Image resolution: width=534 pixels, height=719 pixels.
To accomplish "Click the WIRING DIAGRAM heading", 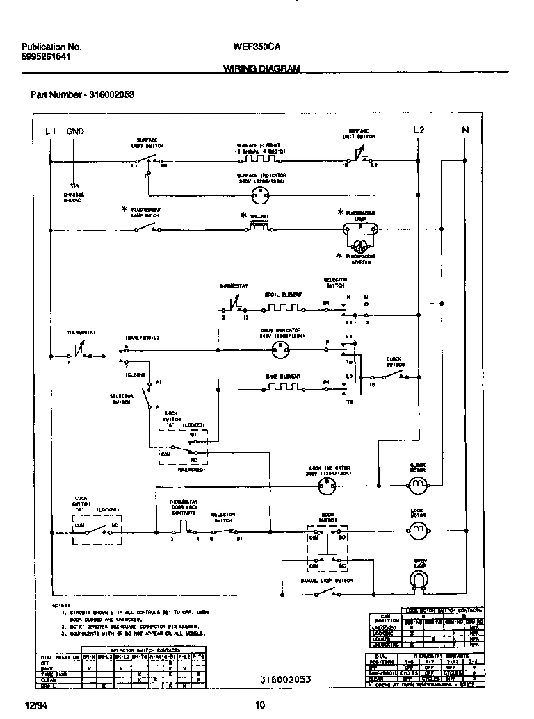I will click(x=261, y=68).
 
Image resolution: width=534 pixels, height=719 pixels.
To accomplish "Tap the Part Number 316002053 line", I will click(x=82, y=95).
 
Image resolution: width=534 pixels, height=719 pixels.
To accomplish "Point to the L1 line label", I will click(x=51, y=131).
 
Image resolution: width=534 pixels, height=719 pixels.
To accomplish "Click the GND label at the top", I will click(x=75, y=131).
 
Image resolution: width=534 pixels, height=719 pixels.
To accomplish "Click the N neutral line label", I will click(x=465, y=130).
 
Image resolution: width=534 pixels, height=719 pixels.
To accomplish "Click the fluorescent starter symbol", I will click(x=359, y=246).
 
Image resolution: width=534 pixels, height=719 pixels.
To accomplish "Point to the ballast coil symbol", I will click(x=259, y=227).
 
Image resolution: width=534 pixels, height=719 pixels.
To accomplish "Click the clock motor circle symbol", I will click(x=417, y=488).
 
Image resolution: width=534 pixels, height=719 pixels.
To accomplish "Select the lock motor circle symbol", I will click(x=417, y=532).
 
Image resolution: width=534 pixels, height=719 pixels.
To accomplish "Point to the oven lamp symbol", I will click(x=420, y=579).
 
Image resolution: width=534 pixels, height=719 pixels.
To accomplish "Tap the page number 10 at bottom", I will click(x=260, y=706).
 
